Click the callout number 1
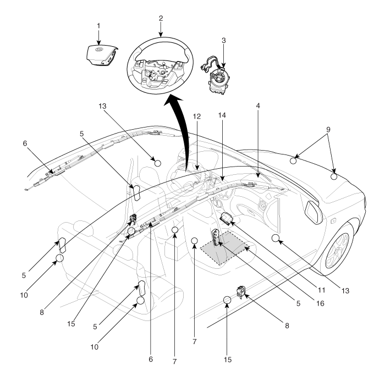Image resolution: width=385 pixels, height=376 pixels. [98, 26]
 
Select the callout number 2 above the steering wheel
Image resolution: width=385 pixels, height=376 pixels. [161, 18]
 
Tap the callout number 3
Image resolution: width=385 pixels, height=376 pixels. [223, 41]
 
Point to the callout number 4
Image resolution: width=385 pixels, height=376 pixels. [258, 106]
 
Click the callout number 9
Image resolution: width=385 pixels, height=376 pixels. [328, 129]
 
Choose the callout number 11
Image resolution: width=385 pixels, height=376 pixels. [322, 290]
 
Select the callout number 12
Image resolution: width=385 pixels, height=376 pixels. [197, 117]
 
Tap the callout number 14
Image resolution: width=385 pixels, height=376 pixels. [222, 115]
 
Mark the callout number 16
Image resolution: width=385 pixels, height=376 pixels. [320, 303]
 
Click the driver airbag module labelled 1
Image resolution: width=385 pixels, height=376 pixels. [101, 56]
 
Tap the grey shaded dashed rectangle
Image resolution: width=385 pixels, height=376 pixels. [225, 247]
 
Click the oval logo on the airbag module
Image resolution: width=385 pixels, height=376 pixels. [98, 49]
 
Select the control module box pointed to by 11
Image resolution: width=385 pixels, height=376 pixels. [227, 218]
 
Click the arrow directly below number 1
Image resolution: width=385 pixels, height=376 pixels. [98, 37]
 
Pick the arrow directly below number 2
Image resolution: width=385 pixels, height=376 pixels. [161, 30]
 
